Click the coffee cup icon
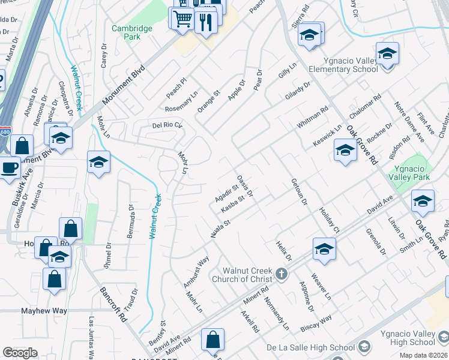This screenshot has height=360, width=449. pos(10,167)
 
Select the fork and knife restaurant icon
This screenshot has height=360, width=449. pos(205,22)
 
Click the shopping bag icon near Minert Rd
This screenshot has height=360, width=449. pos(212,340)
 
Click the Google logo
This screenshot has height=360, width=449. pos(20,353)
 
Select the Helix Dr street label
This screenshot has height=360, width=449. pos(283,251)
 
